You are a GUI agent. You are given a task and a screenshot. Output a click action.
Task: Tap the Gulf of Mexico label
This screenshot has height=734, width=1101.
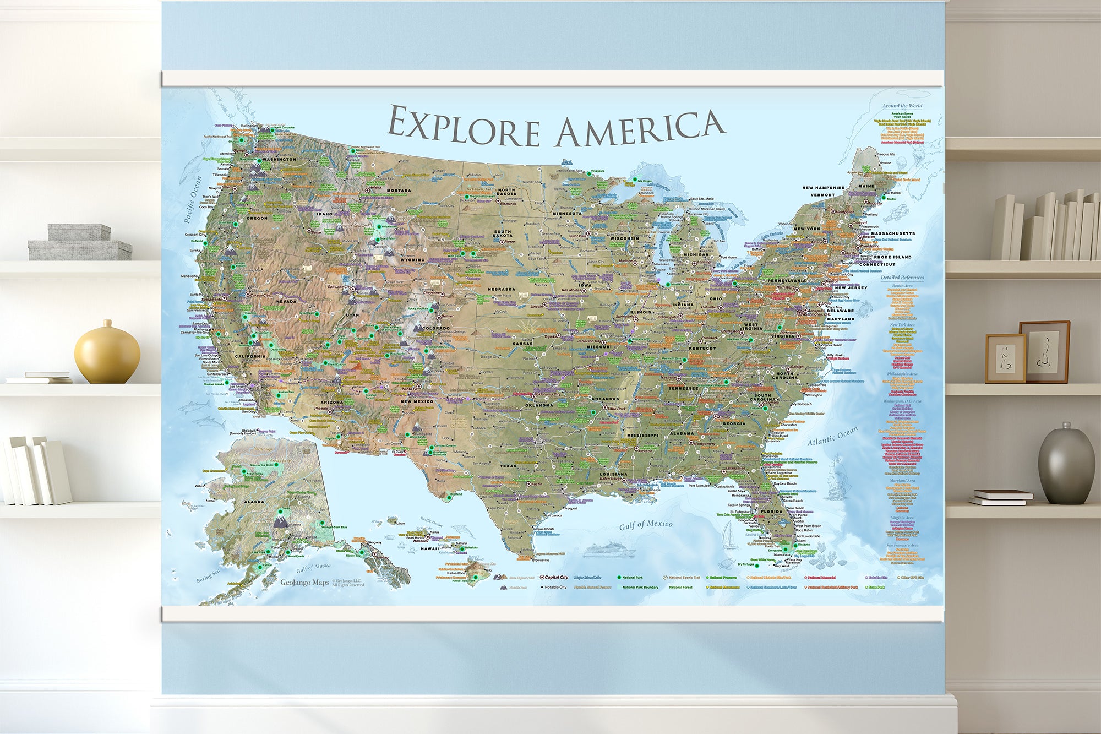click(646, 525)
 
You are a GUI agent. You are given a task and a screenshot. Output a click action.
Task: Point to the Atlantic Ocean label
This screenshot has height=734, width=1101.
click(832, 436)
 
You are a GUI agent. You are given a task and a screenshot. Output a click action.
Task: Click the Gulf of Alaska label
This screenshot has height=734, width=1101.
click(314, 568)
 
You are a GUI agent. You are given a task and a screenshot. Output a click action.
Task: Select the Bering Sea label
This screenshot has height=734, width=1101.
click(208, 576)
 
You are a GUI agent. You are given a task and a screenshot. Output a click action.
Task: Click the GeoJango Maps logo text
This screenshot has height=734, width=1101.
click(304, 583)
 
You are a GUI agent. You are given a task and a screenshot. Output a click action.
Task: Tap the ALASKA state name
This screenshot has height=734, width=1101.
click(254, 502)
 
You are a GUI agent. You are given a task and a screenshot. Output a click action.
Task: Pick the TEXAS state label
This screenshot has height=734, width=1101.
click(508, 466)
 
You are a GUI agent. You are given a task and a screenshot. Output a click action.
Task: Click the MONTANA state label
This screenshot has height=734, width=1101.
click(399, 191)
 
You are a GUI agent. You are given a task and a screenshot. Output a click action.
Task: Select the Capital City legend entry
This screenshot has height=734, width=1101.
click(556, 578)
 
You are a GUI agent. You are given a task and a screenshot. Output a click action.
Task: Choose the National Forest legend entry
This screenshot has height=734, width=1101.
click(680, 588)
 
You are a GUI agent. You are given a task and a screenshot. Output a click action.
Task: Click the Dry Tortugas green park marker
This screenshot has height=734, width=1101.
click(757, 566)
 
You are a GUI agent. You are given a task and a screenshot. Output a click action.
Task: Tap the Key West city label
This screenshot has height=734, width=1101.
click(782, 566)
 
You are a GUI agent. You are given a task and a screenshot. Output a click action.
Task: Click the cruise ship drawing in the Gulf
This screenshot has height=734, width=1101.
click(609, 550)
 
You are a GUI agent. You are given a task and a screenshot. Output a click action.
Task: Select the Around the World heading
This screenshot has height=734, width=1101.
click(902, 106)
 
